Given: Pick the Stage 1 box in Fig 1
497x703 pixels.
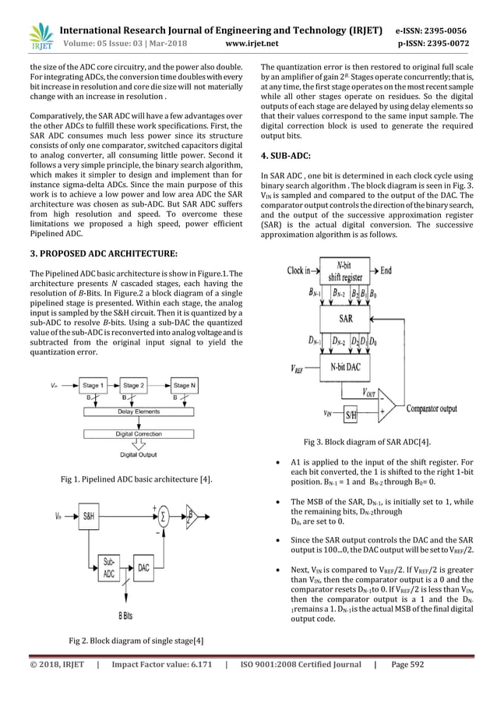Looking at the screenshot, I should pyautogui.click(x=91, y=385).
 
